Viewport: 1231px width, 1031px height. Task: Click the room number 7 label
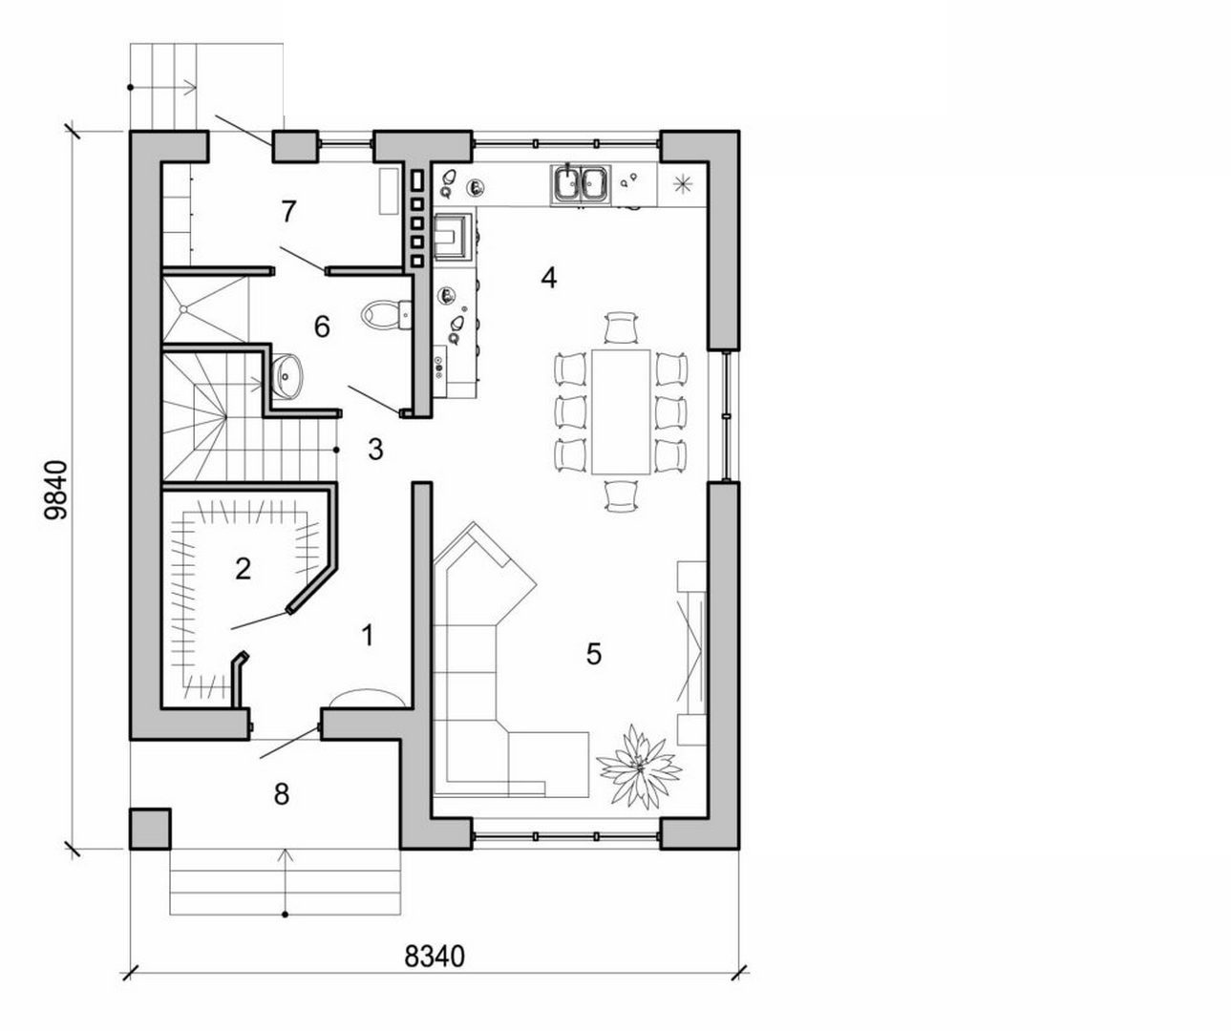pyautogui.click(x=288, y=212)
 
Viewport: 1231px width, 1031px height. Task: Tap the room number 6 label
pyautogui.click(x=322, y=327)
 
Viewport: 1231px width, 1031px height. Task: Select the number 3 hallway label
pyautogui.click(x=375, y=450)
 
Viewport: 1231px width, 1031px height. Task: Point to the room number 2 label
pyautogui.click(x=243, y=569)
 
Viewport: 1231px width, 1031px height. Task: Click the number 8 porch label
pyautogui.click(x=281, y=794)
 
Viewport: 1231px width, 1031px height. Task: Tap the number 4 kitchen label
pyautogui.click(x=547, y=278)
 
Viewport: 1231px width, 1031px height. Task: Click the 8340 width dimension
pyautogui.click(x=434, y=956)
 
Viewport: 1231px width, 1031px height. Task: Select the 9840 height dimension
pyautogui.click(x=56, y=489)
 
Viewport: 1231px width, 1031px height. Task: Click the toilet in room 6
pyautogui.click(x=387, y=314)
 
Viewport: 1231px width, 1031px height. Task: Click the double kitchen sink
pyautogui.click(x=580, y=183)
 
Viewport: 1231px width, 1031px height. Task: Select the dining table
pyautogui.click(x=621, y=410)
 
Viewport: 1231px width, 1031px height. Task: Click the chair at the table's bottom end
pyautogui.click(x=621, y=495)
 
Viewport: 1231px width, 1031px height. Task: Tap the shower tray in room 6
pyautogui.click(x=204, y=307)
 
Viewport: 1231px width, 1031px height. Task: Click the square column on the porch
pyautogui.click(x=150, y=829)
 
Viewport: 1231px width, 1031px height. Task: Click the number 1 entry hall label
pyautogui.click(x=368, y=634)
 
